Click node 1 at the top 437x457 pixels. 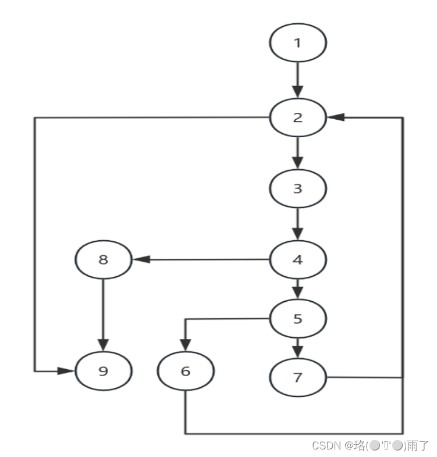(298, 42)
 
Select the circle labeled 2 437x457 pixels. (298, 117)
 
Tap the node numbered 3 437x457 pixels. (298, 188)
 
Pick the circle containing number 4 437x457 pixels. (298, 259)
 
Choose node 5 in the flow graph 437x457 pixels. (298, 319)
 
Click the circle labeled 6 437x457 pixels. (186, 372)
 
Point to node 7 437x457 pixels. (298, 377)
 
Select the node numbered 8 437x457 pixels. (104, 259)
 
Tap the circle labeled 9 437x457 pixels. (104, 371)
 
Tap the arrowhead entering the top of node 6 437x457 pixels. (186, 347)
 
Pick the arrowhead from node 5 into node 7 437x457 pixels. (298, 352)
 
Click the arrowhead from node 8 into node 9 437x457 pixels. (104, 345)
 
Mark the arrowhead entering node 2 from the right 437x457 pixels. (335, 117)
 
